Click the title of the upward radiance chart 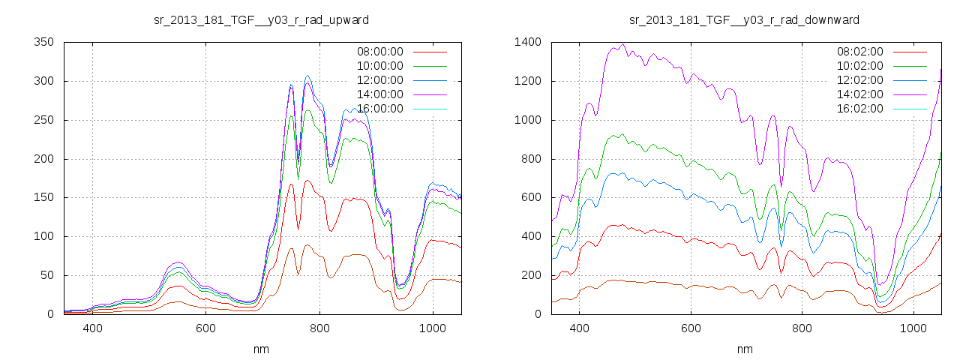click(x=261, y=19)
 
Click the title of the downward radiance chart click(x=745, y=19)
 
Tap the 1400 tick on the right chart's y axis click(x=528, y=42)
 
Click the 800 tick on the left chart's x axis click(x=319, y=328)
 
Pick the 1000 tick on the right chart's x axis click(x=914, y=328)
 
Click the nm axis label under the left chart click(x=262, y=349)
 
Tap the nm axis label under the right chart click(x=745, y=349)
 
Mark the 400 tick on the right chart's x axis click(x=579, y=328)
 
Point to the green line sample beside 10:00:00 click(x=430, y=66)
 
